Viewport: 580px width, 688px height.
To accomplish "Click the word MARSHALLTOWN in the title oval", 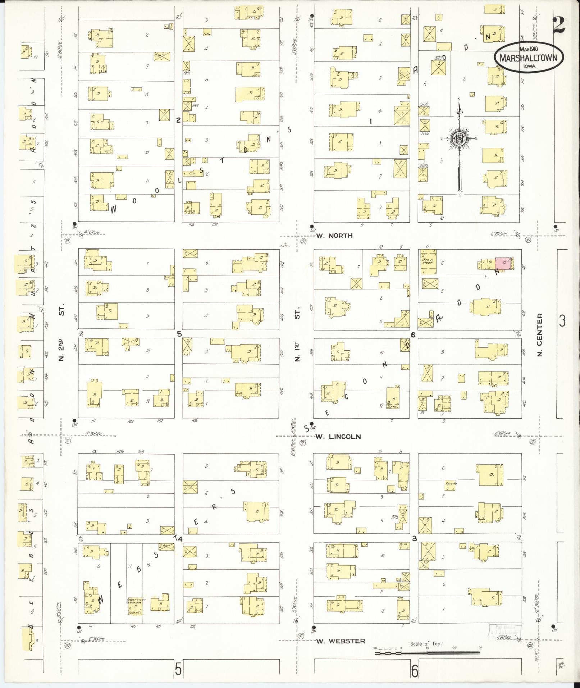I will pyautogui.click(x=528, y=58).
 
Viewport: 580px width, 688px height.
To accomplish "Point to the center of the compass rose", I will pyautogui.click(x=459, y=138).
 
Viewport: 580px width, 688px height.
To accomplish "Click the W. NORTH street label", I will pyautogui.click(x=334, y=236).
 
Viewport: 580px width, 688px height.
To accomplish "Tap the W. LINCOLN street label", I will pyautogui.click(x=338, y=437).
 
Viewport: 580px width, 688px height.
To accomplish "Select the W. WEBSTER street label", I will pyautogui.click(x=341, y=641).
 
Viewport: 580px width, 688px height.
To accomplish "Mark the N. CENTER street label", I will pyautogui.click(x=540, y=334).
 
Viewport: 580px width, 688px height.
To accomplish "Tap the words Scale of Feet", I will pyautogui.click(x=427, y=643).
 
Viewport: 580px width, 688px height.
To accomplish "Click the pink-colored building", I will pyautogui.click(x=503, y=263).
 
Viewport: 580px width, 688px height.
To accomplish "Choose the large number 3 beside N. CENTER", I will pyautogui.click(x=562, y=320).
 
